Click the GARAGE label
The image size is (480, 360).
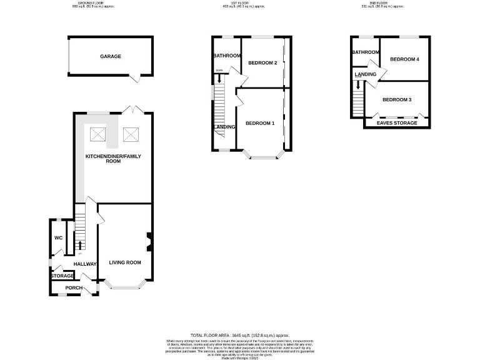click(x=110, y=56)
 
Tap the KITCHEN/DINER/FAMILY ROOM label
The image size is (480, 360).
click(x=112, y=157)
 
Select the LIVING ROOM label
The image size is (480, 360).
click(x=125, y=262)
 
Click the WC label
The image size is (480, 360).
click(x=58, y=238)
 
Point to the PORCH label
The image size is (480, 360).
click(x=74, y=288)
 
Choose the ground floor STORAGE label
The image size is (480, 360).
click(x=62, y=276)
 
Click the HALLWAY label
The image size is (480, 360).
click(x=85, y=264)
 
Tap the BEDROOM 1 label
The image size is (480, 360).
click(x=260, y=123)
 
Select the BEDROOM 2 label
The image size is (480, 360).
click(x=262, y=62)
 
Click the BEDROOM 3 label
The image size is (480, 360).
click(x=397, y=100)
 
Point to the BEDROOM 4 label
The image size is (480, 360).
click(x=404, y=59)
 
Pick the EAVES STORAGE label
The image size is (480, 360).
click(x=397, y=123)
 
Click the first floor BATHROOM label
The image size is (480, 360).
click(x=227, y=56)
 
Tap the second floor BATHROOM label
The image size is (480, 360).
click(x=366, y=52)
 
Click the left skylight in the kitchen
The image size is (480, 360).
click(x=98, y=133)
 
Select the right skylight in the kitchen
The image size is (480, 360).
click(x=130, y=133)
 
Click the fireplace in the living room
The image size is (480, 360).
click(x=149, y=241)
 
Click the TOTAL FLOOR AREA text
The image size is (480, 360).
click(x=240, y=336)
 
